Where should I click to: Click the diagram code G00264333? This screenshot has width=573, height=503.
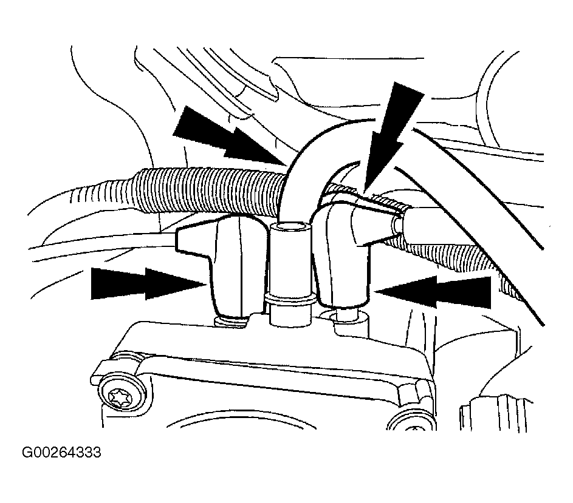click(x=61, y=453)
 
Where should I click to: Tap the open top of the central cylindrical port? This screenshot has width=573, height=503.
click(x=292, y=229)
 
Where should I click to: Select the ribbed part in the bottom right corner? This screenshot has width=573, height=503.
click(x=497, y=413)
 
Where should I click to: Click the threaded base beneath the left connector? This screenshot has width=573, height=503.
click(x=232, y=321)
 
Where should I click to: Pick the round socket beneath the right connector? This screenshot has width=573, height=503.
click(x=346, y=317)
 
